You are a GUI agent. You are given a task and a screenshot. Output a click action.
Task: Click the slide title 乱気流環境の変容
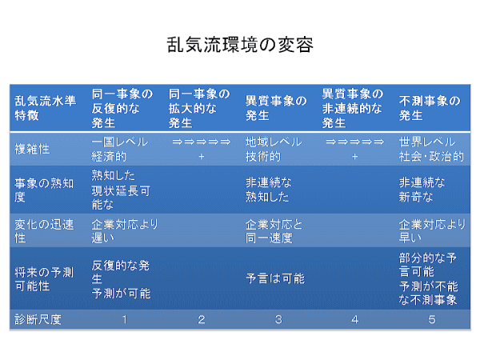click(240, 45)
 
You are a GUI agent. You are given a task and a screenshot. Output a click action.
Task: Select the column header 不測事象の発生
click(430, 108)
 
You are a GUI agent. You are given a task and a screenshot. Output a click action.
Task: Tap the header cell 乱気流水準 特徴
click(45, 108)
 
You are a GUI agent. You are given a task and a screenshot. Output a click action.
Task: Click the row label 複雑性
click(32, 149)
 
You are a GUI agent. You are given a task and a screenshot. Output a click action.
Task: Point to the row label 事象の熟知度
click(44, 190)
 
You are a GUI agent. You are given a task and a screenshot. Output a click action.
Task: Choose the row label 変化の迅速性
click(44, 231)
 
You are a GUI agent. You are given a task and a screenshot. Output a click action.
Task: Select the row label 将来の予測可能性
click(44, 279)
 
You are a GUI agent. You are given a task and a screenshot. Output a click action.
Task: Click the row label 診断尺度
click(38, 319)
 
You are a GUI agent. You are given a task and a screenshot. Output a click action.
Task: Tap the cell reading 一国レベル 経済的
click(120, 149)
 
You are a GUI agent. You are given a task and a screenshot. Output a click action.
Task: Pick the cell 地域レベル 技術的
click(274, 149)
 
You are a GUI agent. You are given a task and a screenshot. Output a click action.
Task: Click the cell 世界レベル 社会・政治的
click(431, 149)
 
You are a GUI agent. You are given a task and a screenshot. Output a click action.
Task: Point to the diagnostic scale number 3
click(278, 319)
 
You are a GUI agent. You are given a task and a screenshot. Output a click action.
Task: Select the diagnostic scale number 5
click(432, 319)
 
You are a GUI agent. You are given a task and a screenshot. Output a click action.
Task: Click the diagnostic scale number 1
click(125, 319)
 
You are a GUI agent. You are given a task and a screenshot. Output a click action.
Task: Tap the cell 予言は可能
click(275, 278)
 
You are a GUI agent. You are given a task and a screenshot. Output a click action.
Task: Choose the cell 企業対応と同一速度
click(274, 231)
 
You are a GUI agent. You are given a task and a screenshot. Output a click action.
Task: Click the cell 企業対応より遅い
click(124, 231)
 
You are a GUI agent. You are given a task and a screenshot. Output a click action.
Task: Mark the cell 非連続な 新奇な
click(422, 190)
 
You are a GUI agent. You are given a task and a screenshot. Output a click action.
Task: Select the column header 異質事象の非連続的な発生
click(352, 108)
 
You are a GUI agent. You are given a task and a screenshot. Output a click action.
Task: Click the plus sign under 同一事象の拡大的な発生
click(201, 157)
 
